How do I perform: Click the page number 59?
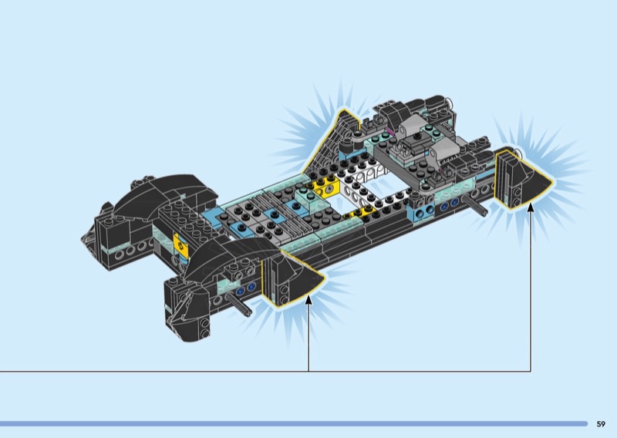click(x=601, y=424)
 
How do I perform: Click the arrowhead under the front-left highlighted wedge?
click(x=309, y=299)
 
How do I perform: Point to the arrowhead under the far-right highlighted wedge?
click(x=531, y=207)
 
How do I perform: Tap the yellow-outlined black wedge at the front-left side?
click(x=292, y=278)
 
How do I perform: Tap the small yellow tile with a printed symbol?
click(x=180, y=245)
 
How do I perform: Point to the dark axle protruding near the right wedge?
click(x=475, y=205)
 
